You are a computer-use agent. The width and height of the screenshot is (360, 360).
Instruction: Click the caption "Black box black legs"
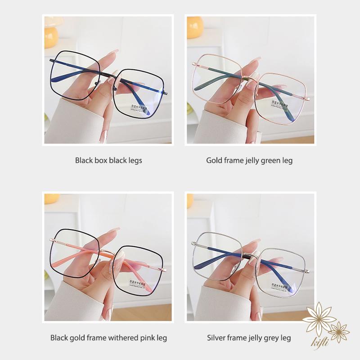(x=108, y=160)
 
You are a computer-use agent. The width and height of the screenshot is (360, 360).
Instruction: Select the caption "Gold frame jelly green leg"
(x=249, y=160)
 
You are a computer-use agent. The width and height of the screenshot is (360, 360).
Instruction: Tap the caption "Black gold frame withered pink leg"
(x=108, y=337)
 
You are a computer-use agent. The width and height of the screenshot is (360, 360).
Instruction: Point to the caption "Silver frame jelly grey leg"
(x=249, y=337)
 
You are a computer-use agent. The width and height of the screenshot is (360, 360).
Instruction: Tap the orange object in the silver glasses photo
(x=190, y=201)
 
